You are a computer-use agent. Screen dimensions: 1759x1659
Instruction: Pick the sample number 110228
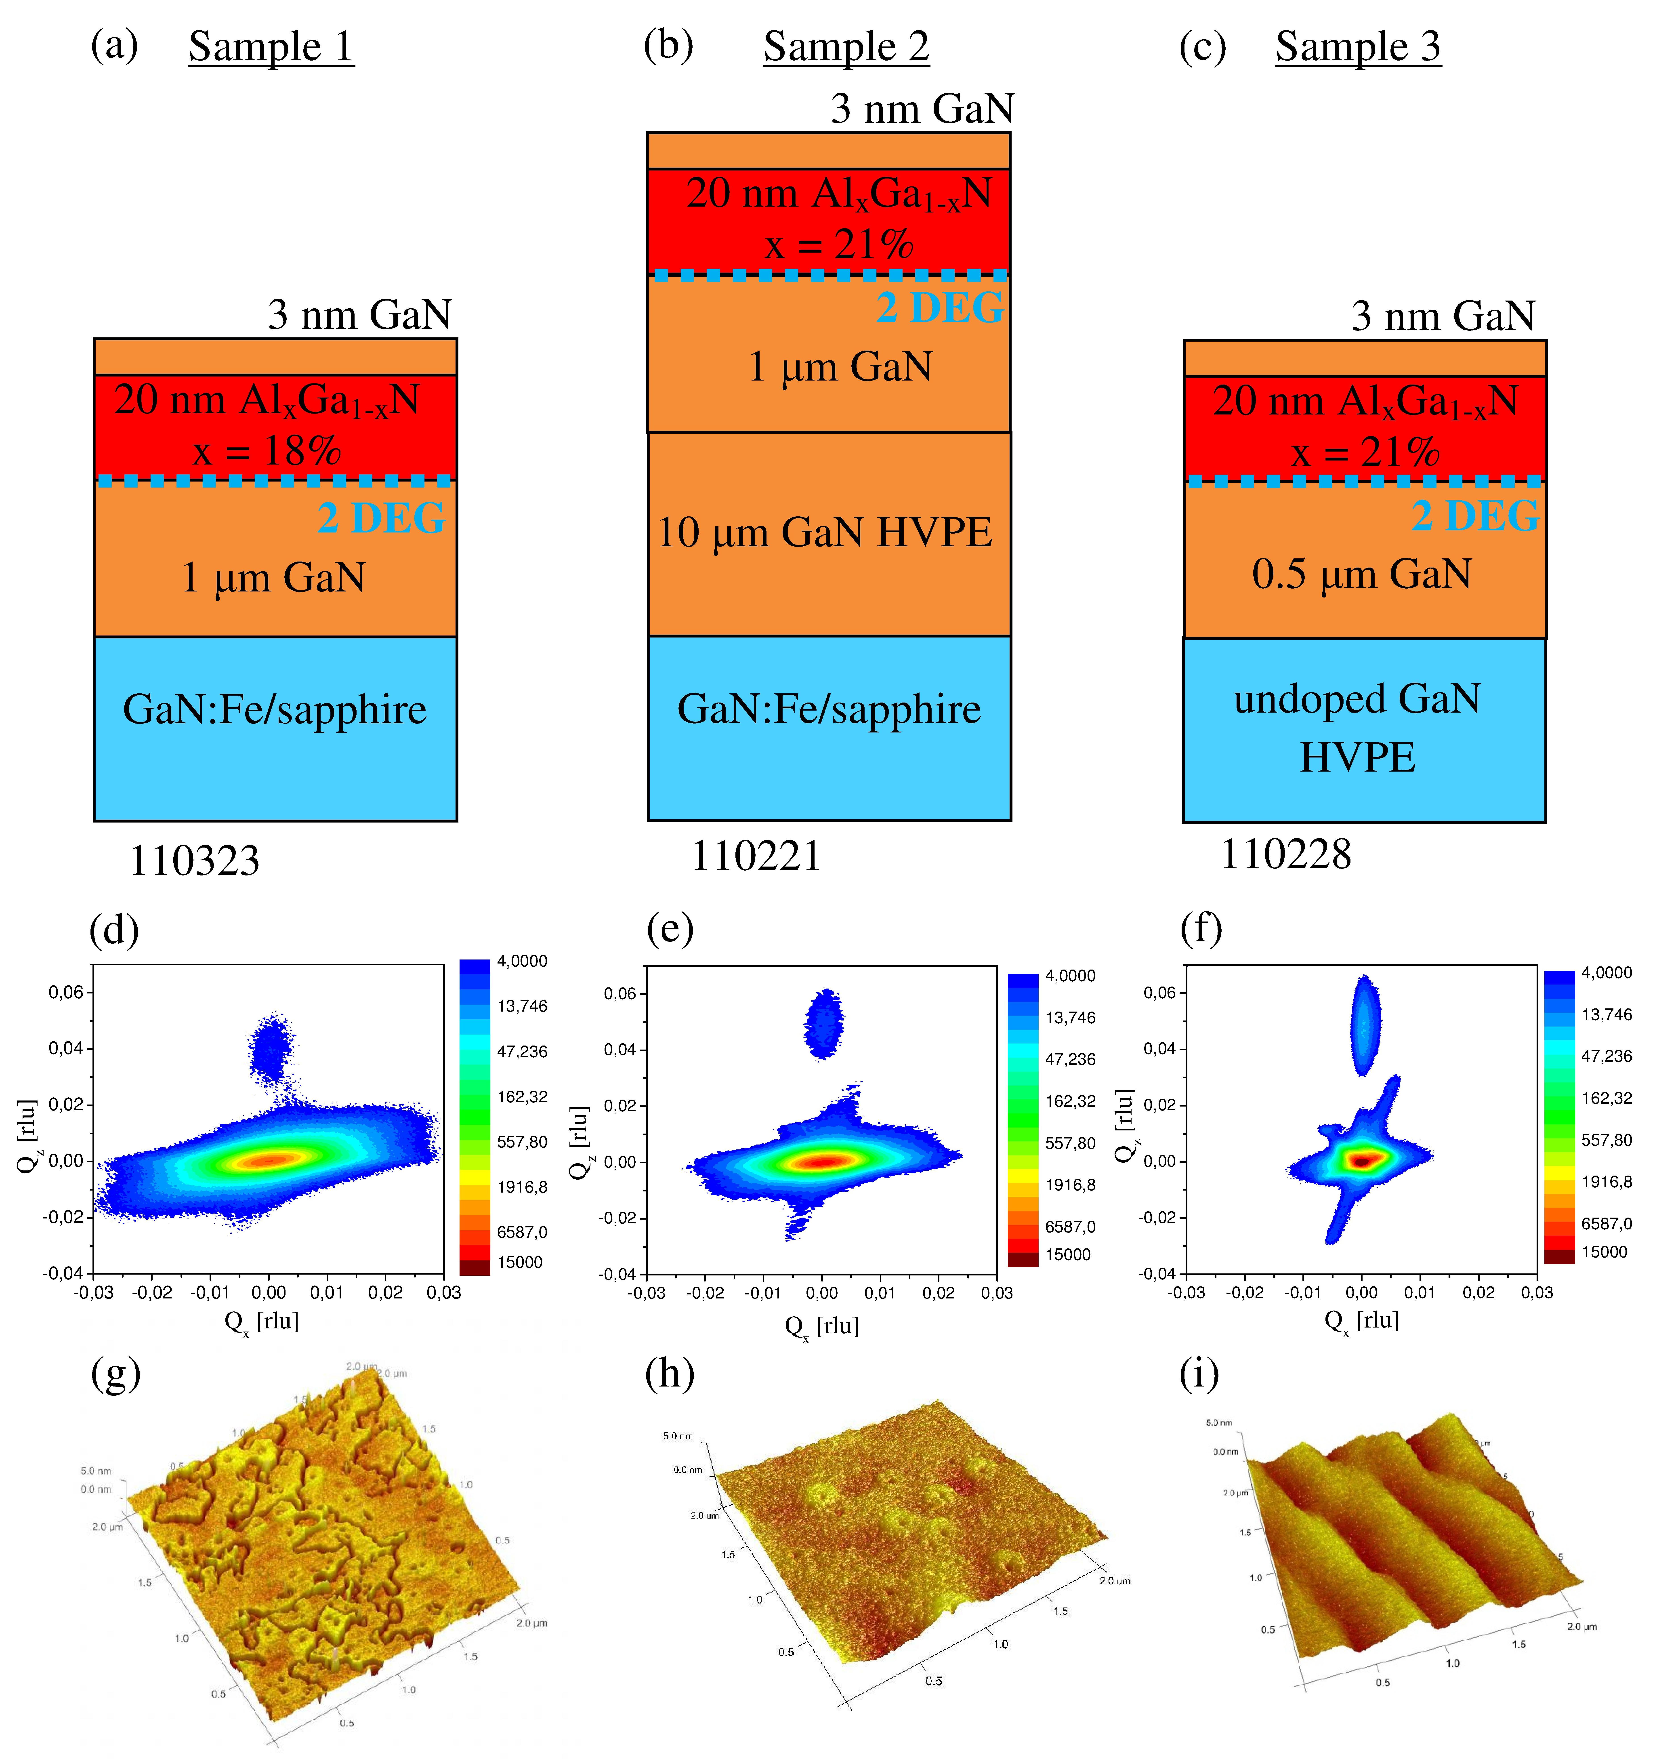(1286, 854)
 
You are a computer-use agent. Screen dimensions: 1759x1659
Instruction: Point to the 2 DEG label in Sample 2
(940, 308)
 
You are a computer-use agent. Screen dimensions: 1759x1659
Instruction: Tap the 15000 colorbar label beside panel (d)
(519, 1262)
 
